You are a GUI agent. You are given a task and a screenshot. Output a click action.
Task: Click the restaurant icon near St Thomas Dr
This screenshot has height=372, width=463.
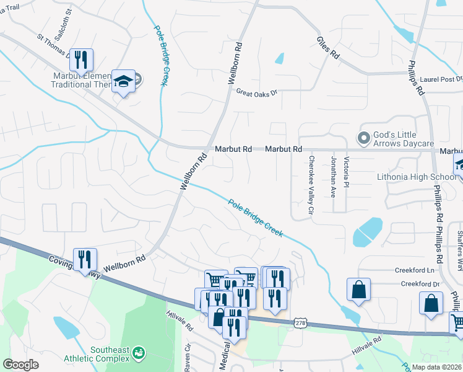click(x=81, y=60)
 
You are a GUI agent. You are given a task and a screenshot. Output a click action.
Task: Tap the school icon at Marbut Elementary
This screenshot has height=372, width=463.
click(x=124, y=81)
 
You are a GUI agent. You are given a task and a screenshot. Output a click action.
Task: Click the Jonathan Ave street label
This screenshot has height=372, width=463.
click(x=334, y=177)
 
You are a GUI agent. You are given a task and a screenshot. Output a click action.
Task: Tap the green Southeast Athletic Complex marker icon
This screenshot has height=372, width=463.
click(x=137, y=353)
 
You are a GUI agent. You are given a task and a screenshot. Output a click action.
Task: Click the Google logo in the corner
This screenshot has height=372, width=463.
click(x=21, y=365)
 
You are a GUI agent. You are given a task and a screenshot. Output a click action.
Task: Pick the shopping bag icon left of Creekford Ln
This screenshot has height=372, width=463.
click(x=358, y=290)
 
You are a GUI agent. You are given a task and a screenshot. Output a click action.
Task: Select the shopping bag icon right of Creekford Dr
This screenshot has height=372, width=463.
click(x=431, y=304)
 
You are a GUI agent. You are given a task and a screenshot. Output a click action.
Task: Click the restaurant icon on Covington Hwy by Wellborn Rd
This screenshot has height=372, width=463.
click(x=85, y=260)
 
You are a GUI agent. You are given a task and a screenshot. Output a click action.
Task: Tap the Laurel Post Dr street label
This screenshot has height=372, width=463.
click(x=441, y=79)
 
